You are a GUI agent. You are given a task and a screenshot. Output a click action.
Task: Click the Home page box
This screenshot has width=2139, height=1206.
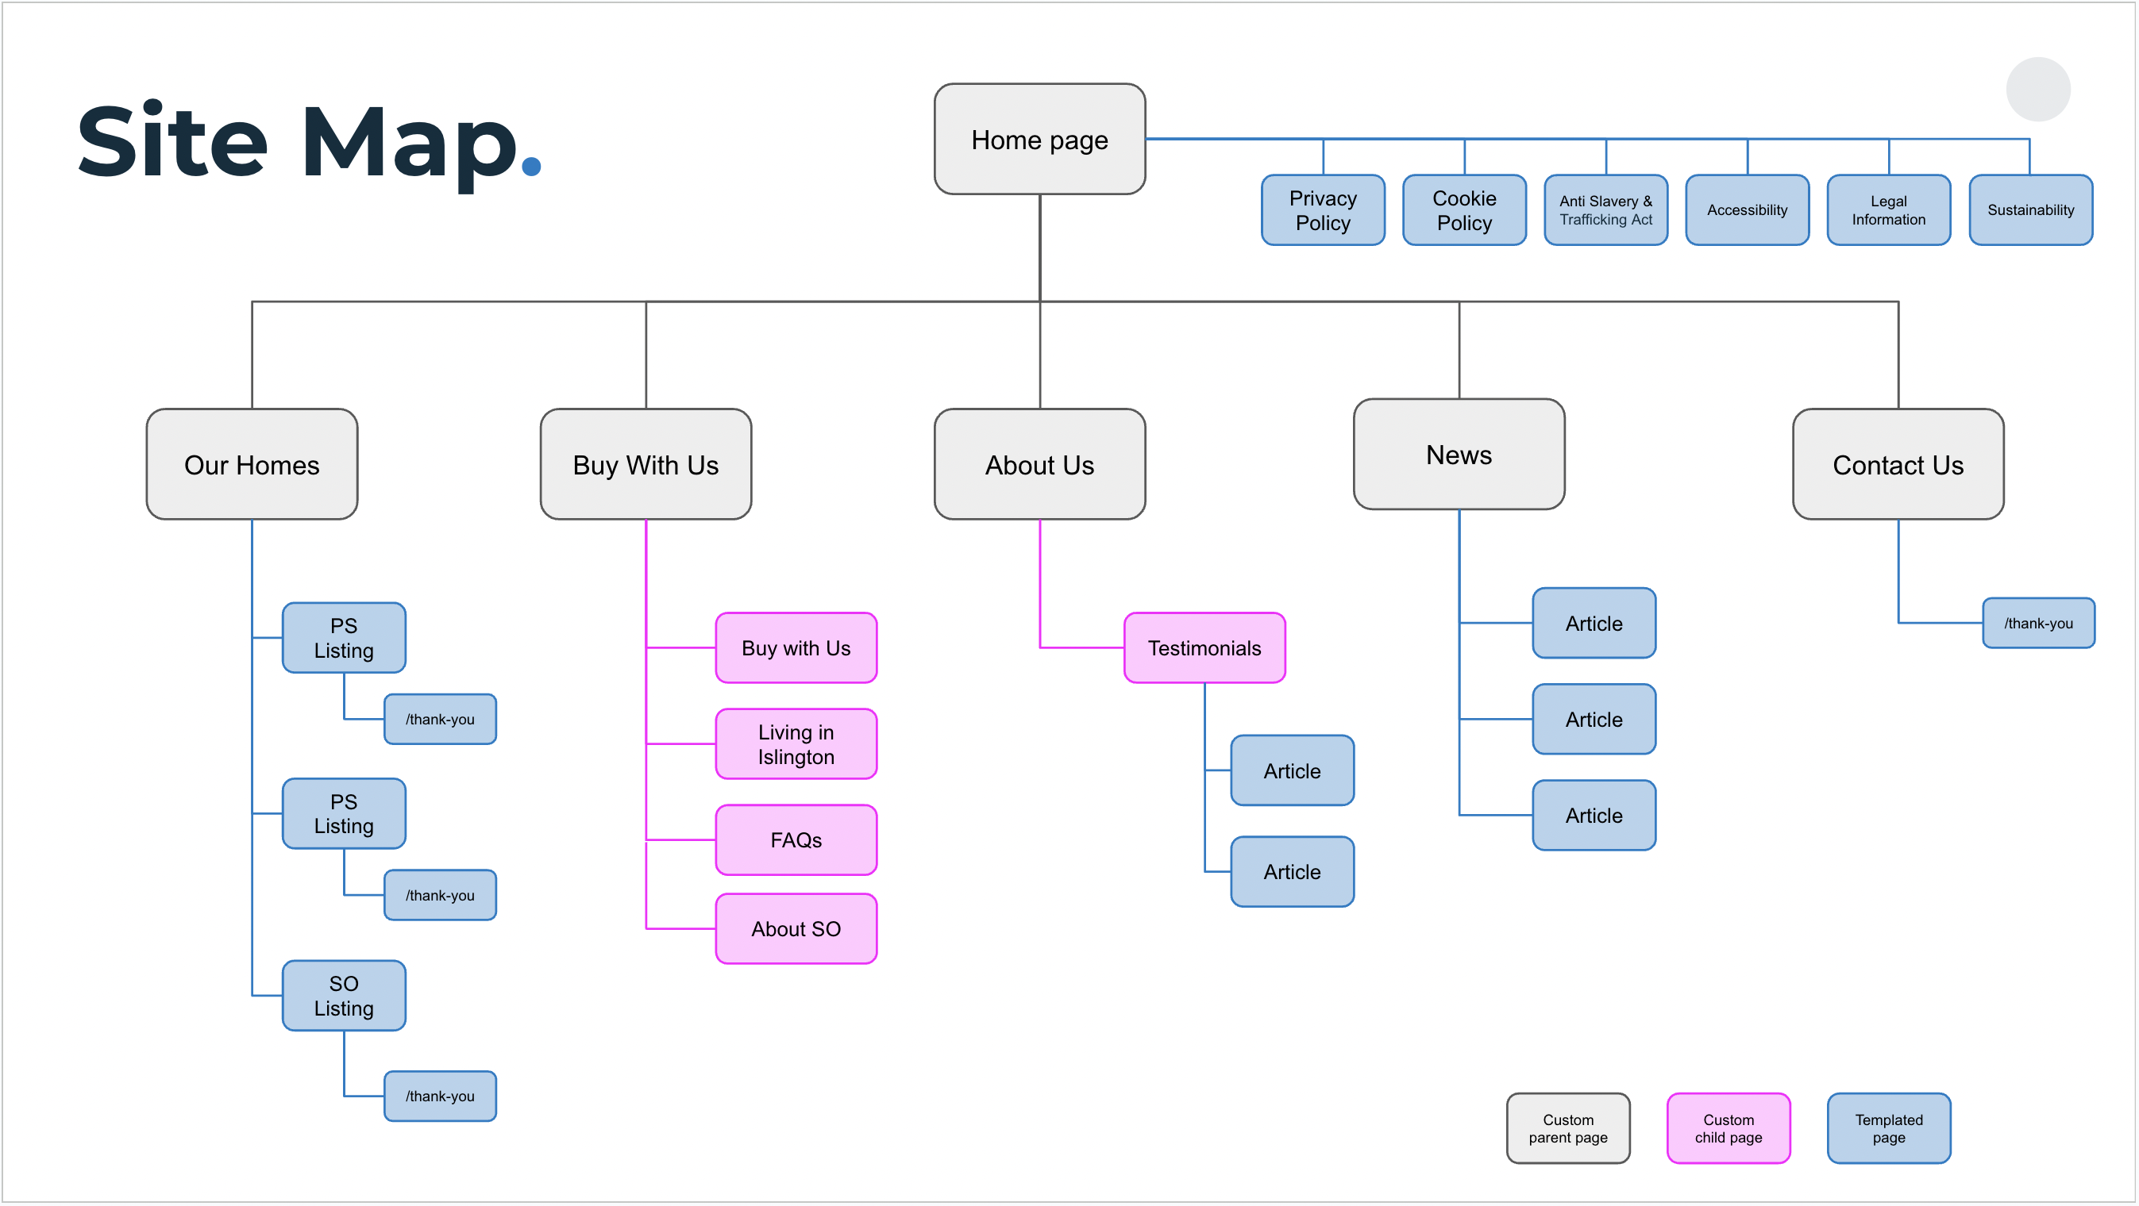click(x=1039, y=140)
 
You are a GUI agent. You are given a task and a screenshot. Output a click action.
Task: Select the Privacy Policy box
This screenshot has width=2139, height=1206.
click(x=1323, y=210)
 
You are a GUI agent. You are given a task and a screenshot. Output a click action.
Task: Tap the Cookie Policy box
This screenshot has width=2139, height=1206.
click(x=1464, y=210)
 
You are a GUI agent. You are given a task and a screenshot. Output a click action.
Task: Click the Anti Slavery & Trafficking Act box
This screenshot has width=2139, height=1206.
click(x=1605, y=210)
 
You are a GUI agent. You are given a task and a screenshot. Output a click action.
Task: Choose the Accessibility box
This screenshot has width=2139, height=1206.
click(x=1747, y=210)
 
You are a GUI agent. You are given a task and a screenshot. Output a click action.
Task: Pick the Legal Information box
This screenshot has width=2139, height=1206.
click(x=1888, y=210)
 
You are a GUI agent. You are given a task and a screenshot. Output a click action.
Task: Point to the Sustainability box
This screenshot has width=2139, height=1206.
click(x=2030, y=210)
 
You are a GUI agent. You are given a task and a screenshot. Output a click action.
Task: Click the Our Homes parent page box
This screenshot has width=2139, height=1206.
click(x=252, y=464)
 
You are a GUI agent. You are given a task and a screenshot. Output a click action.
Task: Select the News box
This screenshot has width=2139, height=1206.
click(x=1459, y=454)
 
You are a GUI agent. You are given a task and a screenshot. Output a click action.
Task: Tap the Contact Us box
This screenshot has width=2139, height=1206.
click(x=1898, y=464)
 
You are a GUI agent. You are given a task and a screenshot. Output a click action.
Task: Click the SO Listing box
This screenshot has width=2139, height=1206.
click(x=344, y=995)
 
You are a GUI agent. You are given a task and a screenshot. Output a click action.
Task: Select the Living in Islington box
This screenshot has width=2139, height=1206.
click(x=796, y=743)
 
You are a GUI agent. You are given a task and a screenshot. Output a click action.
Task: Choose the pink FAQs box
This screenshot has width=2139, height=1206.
click(x=796, y=839)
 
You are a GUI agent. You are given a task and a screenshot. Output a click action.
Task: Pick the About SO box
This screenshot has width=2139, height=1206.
click(x=796, y=928)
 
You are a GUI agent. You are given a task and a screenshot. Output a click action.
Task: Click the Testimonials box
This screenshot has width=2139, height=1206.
click(x=1204, y=647)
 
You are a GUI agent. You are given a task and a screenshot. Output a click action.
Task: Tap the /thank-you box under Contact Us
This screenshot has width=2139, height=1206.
click(x=2037, y=623)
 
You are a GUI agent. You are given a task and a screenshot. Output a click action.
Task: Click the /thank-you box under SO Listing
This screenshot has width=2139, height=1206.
click(x=440, y=1096)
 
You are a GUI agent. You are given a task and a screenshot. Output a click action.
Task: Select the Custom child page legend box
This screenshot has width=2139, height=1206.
click(x=1728, y=1128)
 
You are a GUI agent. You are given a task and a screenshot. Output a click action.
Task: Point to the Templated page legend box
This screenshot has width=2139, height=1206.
click(x=1888, y=1128)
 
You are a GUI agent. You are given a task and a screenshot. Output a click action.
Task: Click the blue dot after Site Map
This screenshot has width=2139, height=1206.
click(x=531, y=166)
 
